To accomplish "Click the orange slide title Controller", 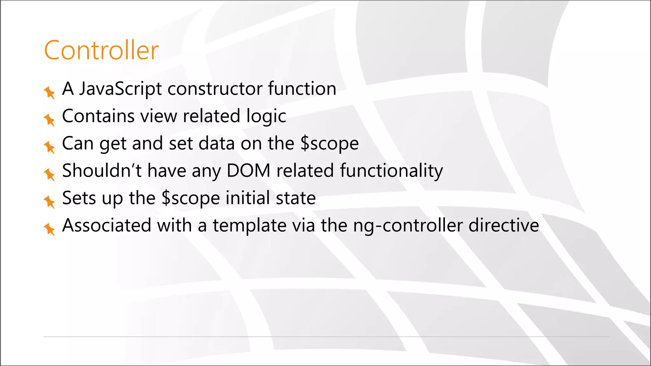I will pyautogui.click(x=101, y=50).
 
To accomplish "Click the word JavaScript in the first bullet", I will pyautogui.click(x=120, y=89).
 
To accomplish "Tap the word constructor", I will pyautogui.click(x=215, y=89).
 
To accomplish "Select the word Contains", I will pyautogui.click(x=98, y=116).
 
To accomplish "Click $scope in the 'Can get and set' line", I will pyautogui.click(x=329, y=144).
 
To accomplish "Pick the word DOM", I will pyautogui.click(x=248, y=171).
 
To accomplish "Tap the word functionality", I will pyautogui.click(x=391, y=171).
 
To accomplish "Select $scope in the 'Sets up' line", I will pyautogui.click(x=190, y=198).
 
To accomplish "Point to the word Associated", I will pyautogui.click(x=107, y=225).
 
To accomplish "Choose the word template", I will pyautogui.click(x=250, y=226).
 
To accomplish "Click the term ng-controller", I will pyautogui.click(x=408, y=226).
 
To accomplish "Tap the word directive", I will pyautogui.click(x=504, y=225).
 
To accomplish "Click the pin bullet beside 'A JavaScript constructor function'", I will pyautogui.click(x=49, y=92).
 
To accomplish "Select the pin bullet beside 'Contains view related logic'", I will pyautogui.click(x=49, y=120).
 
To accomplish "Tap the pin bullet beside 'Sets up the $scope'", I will pyautogui.click(x=49, y=202).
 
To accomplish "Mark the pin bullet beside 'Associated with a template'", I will pyautogui.click(x=49, y=229).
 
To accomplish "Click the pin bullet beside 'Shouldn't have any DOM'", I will pyautogui.click(x=49, y=174).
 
